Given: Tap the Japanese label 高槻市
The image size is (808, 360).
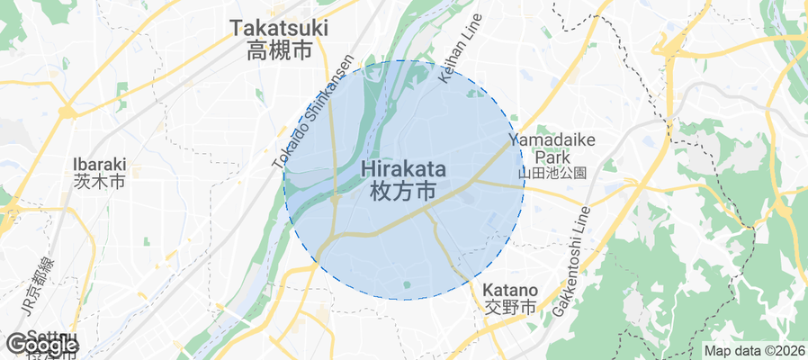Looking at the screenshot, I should point(280,51).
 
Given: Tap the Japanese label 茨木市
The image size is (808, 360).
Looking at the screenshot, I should point(99,182).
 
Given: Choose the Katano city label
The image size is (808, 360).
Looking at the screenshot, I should point(510,291).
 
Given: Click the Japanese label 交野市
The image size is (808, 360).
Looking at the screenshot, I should point(510,307).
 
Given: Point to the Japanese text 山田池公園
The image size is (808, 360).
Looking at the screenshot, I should point(552,172).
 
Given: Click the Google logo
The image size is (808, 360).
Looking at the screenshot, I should point(41,345).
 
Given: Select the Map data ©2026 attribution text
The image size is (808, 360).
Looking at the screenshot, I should point(754,351).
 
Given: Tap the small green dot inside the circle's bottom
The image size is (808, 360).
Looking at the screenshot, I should point(407,286).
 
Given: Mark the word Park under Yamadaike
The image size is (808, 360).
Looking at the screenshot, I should point(552,156).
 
